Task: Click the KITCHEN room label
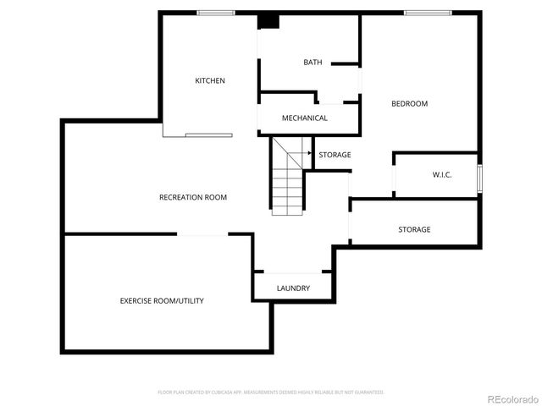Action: (210, 81)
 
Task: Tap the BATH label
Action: (312, 63)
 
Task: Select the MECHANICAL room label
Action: (304, 118)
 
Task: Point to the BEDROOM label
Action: (409, 104)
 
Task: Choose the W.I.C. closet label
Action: (441, 175)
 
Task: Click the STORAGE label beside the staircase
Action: (335, 155)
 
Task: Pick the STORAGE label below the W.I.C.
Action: (414, 230)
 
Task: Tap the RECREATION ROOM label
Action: (193, 197)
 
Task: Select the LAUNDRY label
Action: (293, 288)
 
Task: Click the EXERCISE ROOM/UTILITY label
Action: (161, 301)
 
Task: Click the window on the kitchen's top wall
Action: (216, 13)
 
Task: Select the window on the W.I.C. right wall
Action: (479, 178)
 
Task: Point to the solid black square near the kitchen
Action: (268, 21)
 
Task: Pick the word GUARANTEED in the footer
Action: (369, 392)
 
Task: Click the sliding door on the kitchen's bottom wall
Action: (208, 134)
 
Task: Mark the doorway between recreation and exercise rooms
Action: (202, 234)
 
